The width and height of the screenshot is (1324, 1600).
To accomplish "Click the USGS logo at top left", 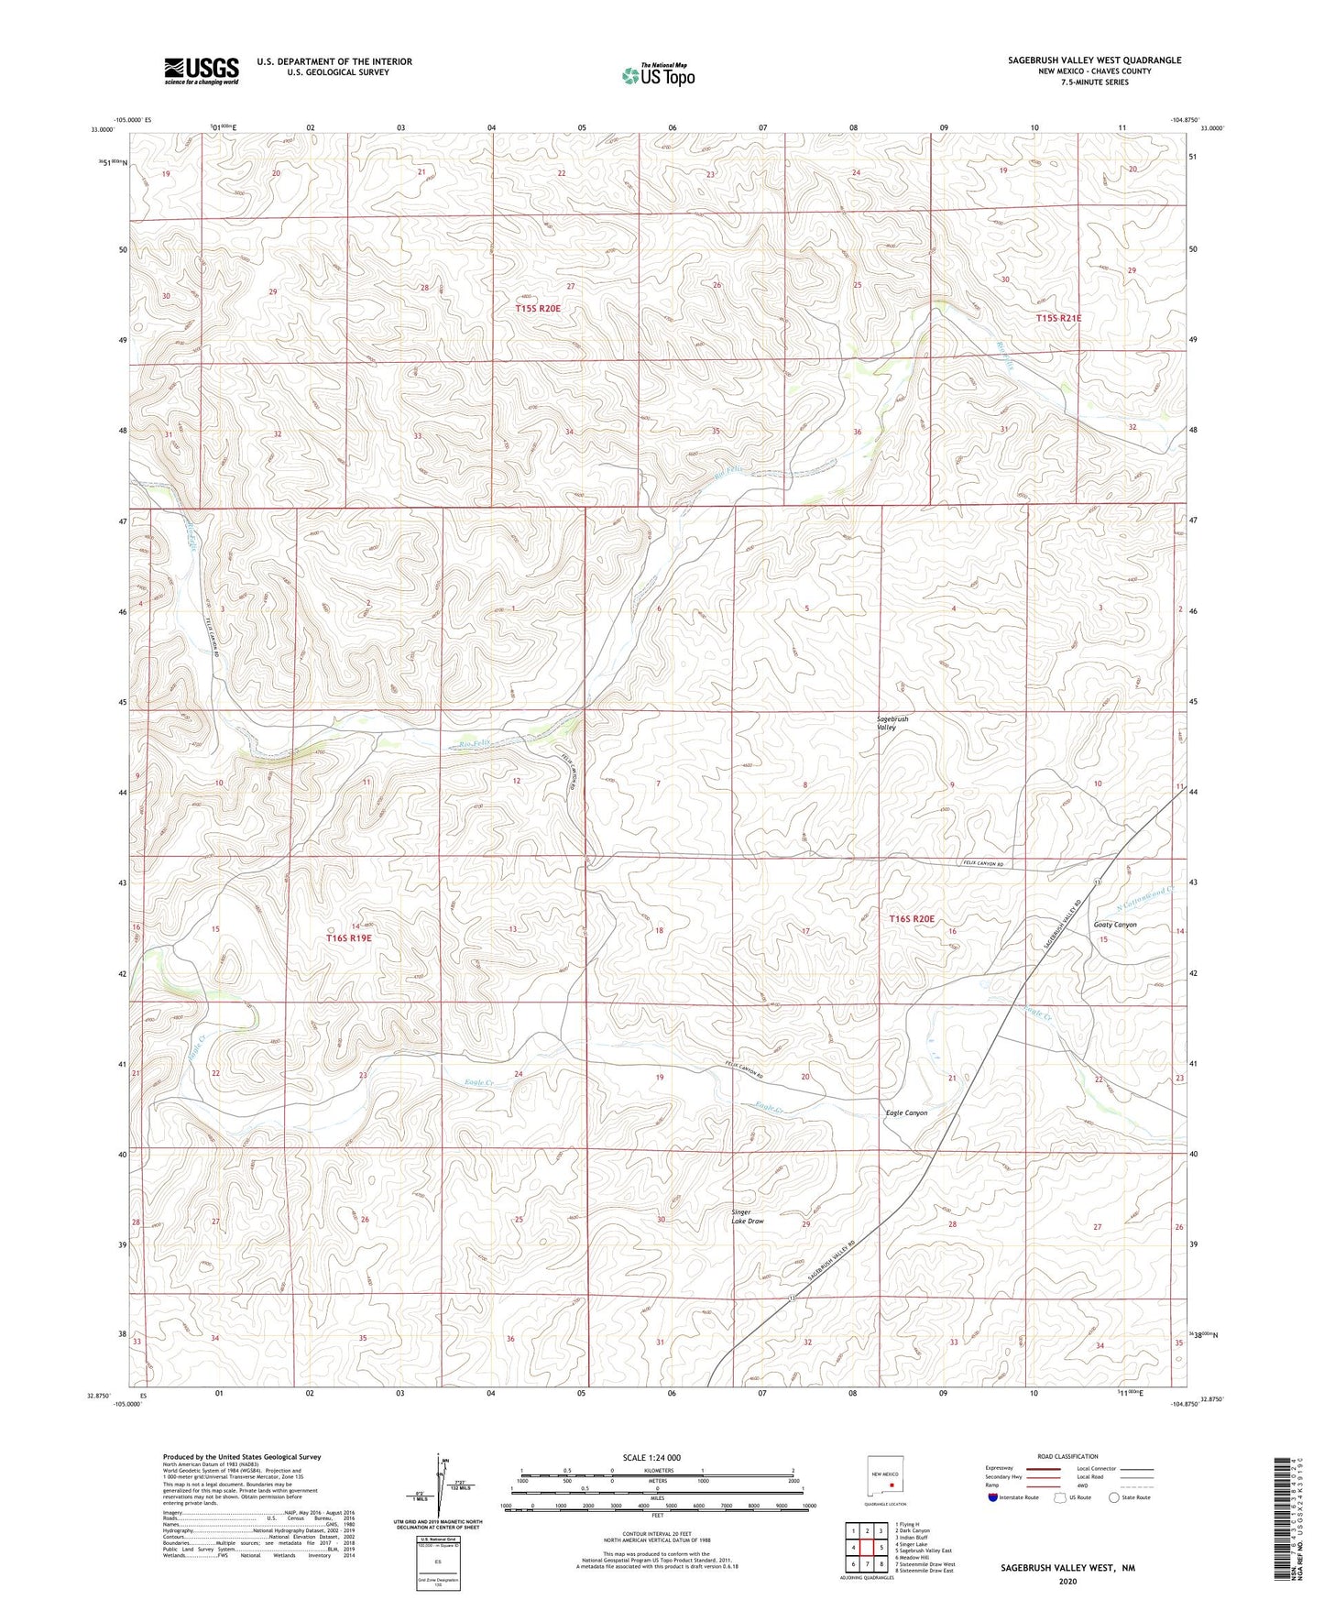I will (201, 71).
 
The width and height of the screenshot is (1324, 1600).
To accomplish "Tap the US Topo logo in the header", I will (658, 74).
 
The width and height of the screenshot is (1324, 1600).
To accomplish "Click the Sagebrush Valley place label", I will (892, 723).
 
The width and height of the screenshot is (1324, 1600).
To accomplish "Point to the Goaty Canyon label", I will (1115, 925).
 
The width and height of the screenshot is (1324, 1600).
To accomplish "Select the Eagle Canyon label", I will (906, 1112).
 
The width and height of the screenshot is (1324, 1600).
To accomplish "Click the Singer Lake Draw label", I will (747, 1216).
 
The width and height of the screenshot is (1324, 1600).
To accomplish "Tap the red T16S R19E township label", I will (349, 938).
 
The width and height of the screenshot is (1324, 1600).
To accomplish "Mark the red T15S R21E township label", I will (1058, 318).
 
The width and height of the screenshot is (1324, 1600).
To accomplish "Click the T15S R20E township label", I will (538, 309).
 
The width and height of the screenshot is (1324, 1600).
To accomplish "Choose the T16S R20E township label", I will (912, 918).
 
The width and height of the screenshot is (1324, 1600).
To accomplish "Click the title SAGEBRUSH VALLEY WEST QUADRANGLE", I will (1094, 60).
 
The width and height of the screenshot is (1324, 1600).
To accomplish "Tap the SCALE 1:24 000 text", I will (651, 1457).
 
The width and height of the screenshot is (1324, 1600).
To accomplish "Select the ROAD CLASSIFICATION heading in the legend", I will (1067, 1456).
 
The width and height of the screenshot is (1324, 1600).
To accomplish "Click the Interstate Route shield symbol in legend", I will (993, 1497).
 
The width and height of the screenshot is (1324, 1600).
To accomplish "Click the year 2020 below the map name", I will (1067, 1581).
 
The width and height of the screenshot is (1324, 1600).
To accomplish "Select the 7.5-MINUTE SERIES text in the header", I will (1094, 82).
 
